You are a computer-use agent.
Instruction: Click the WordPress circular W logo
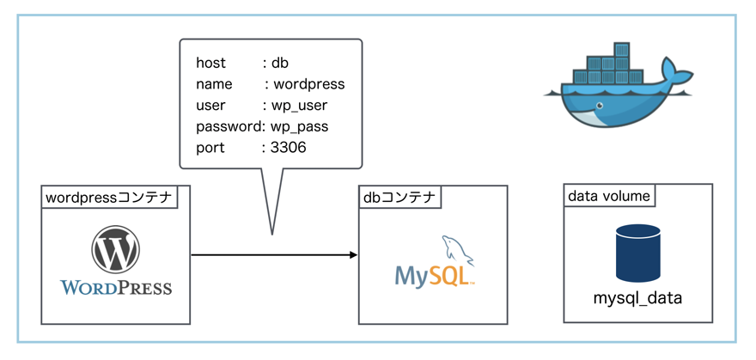(x=116, y=249)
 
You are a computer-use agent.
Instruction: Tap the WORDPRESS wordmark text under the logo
(x=116, y=287)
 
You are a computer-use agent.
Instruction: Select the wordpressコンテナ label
(x=109, y=198)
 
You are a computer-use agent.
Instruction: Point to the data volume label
(x=608, y=196)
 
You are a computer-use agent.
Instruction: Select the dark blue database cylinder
(x=637, y=253)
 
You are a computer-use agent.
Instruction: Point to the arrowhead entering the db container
(x=352, y=255)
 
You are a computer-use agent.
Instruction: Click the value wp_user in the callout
(x=300, y=106)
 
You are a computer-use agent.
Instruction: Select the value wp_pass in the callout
(x=300, y=126)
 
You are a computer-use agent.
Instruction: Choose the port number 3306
(x=288, y=148)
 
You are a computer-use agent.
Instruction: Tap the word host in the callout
(x=211, y=63)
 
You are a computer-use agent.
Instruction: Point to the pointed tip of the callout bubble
(x=272, y=232)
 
